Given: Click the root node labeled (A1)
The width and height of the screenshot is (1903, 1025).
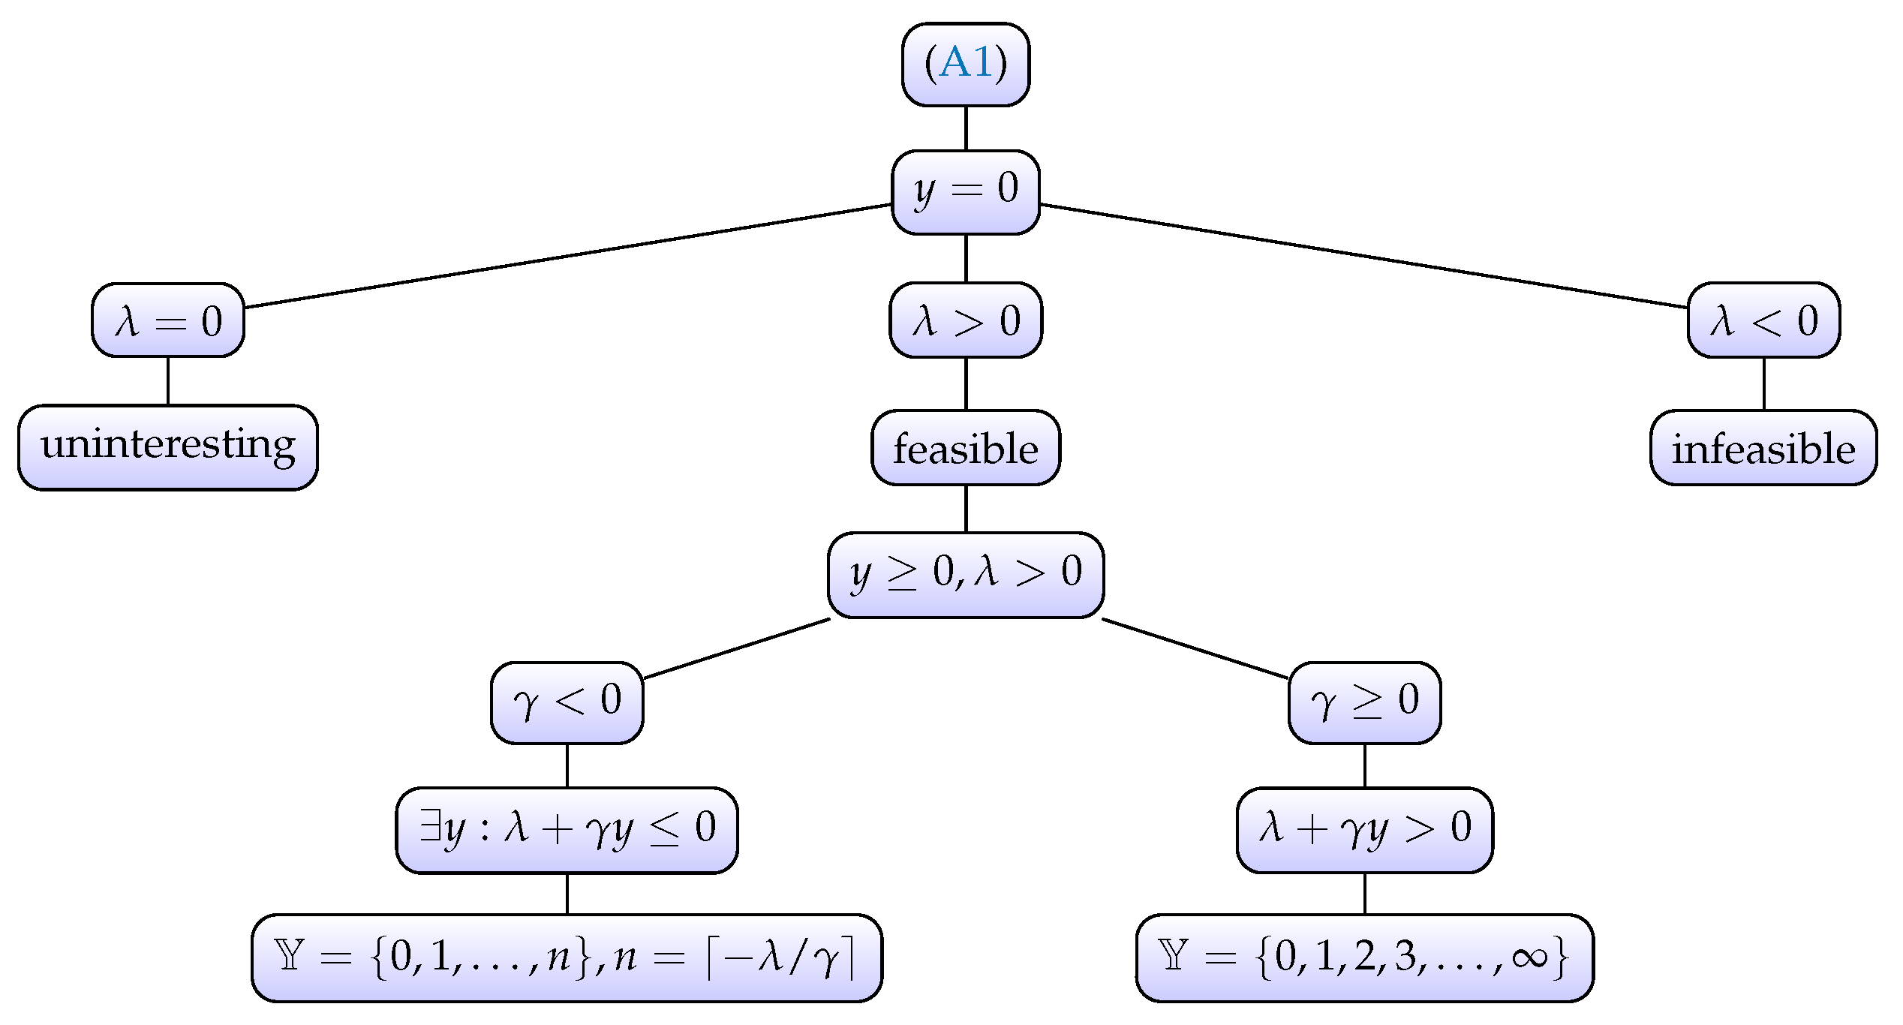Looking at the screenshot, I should pyautogui.click(x=965, y=64).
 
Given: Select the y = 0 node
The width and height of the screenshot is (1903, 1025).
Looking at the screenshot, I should pyautogui.click(x=965, y=192).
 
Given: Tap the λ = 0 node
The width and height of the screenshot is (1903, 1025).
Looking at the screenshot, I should pyautogui.click(x=168, y=320).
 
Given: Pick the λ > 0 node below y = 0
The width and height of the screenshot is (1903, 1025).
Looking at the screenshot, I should pyautogui.click(x=966, y=320).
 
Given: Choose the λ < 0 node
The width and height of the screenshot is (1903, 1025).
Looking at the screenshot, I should pyautogui.click(x=1763, y=320).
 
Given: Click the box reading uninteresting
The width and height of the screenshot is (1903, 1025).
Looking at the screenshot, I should pyautogui.click(x=168, y=447).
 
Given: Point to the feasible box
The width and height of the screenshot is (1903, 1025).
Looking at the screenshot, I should pyautogui.click(x=966, y=448).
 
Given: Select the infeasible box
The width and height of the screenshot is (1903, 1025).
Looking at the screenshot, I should pyautogui.click(x=1763, y=448).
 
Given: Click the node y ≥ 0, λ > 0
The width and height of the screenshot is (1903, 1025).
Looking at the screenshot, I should pyautogui.click(x=966, y=575).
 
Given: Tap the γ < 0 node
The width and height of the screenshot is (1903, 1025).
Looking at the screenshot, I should pyautogui.click(x=567, y=702).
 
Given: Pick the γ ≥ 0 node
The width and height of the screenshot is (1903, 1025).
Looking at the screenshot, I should pyautogui.click(x=1364, y=702).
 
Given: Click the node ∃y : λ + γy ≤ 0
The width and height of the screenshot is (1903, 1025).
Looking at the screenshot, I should pyautogui.click(x=567, y=830).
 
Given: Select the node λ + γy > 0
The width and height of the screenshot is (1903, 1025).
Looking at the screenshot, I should pyautogui.click(x=1364, y=830).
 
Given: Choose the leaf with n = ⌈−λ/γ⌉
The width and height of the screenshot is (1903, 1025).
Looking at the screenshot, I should pyautogui.click(x=567, y=957).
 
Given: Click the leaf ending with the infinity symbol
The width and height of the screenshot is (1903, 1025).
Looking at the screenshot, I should pyautogui.click(x=1364, y=957).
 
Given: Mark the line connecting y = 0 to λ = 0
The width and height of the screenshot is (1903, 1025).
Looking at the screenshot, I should pyautogui.click(x=567, y=255).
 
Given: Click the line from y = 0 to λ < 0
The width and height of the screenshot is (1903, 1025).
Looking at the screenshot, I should pyautogui.click(x=1364, y=256).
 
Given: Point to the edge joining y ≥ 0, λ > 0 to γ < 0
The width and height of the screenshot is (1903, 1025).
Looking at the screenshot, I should pyautogui.click(x=737, y=648).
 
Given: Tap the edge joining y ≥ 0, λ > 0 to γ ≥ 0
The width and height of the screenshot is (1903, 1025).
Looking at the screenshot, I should pyautogui.click(x=1195, y=648).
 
